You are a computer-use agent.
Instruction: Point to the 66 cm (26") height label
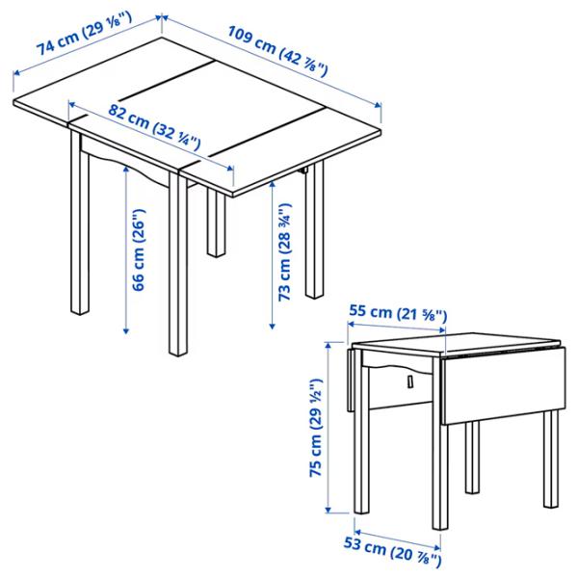141,250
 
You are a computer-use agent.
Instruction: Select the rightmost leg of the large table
315,236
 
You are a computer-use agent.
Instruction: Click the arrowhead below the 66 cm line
129,331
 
